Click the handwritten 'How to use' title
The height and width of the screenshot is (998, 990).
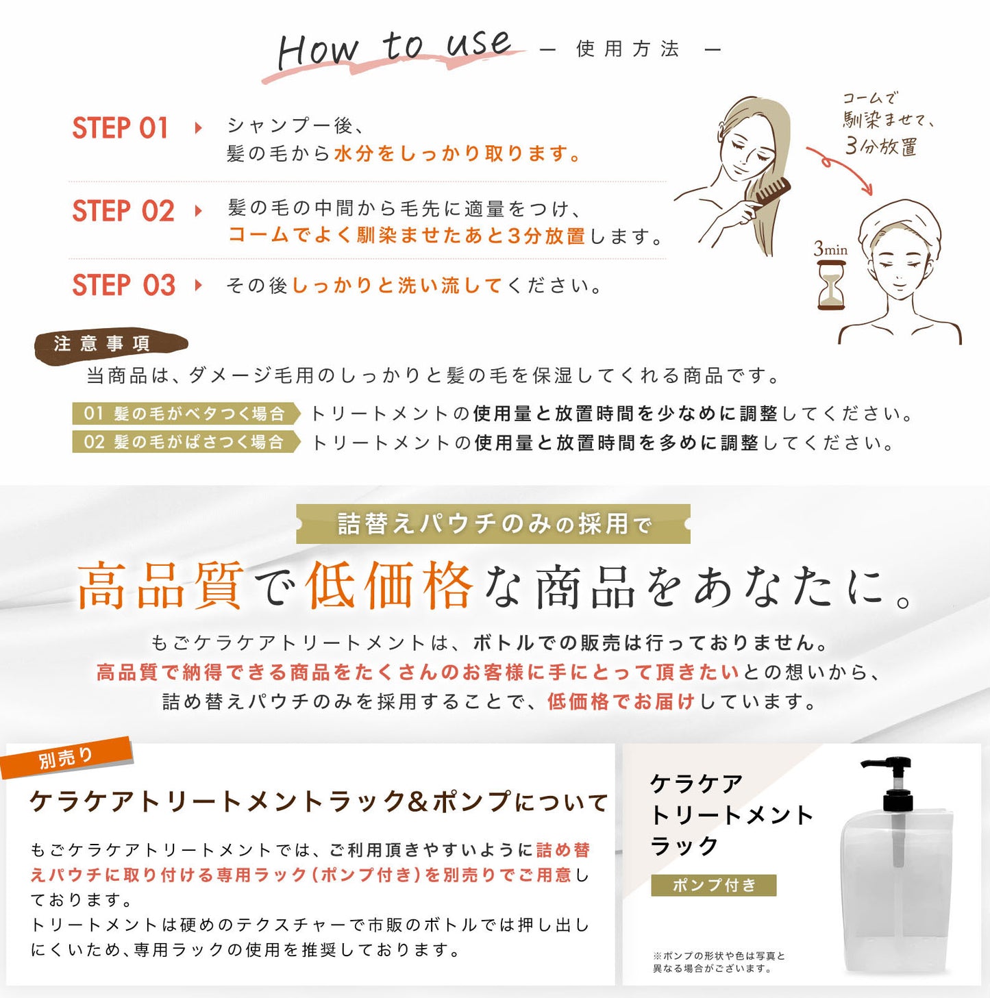coord(394,49)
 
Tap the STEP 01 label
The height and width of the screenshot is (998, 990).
coord(120,128)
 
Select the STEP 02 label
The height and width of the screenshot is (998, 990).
coord(123,211)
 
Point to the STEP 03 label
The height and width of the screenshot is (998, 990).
coord(124,285)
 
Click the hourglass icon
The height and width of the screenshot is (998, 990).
coord(831,285)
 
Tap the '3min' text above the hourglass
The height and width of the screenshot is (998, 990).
coord(830,249)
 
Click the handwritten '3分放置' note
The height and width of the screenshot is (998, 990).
coord(880,146)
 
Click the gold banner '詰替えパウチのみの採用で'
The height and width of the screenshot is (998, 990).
coord(493,524)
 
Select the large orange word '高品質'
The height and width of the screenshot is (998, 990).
coord(160,586)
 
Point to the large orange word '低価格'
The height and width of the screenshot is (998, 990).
coord(389,586)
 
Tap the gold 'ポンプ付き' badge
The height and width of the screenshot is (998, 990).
coord(713,885)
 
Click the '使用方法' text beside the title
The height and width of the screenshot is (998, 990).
coord(628,49)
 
